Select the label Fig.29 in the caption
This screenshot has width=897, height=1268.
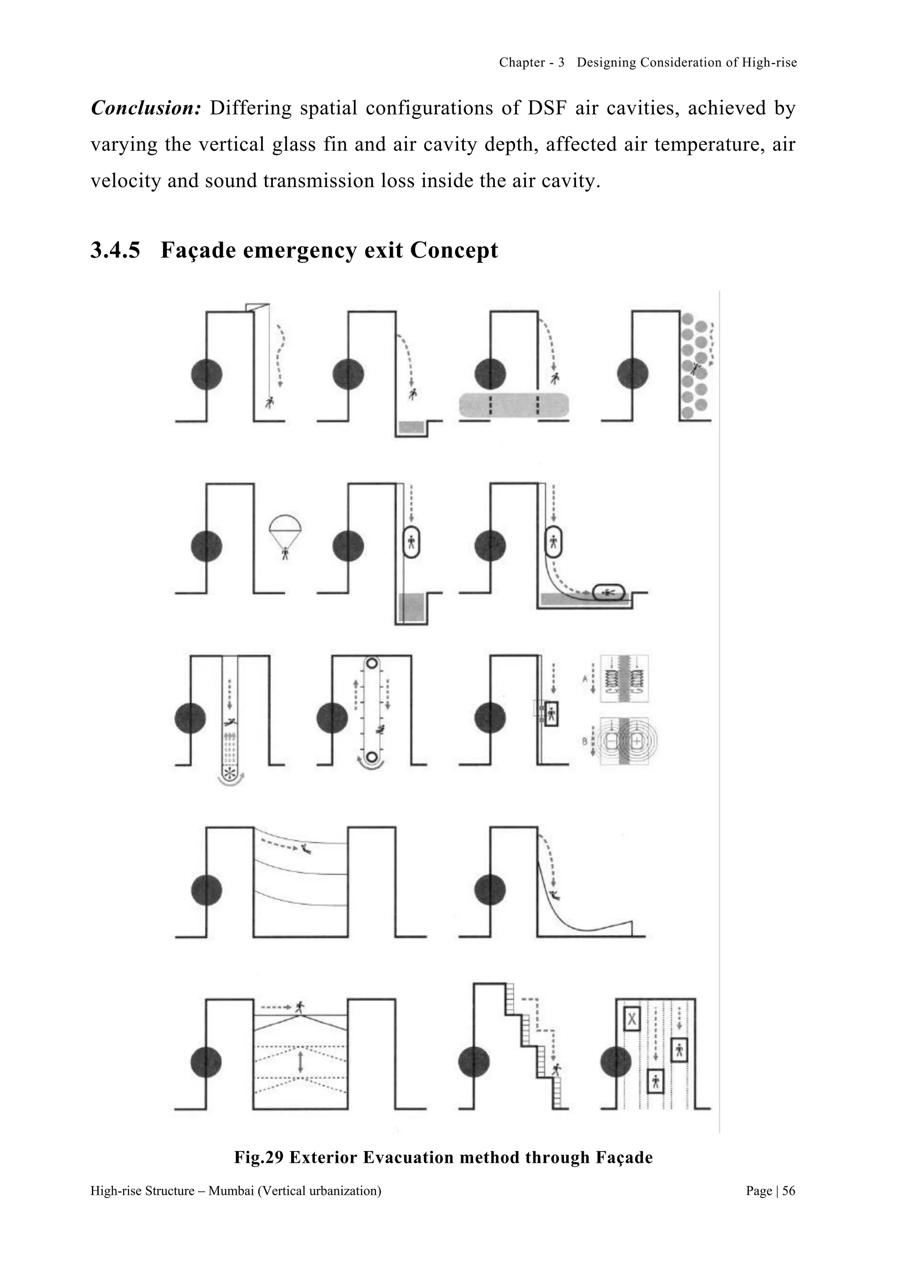click(x=258, y=1157)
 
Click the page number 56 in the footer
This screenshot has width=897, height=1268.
click(x=789, y=1191)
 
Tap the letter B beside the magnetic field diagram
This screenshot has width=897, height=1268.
click(x=585, y=742)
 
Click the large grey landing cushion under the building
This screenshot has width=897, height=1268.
click(x=513, y=405)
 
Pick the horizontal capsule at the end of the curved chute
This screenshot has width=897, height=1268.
click(x=608, y=592)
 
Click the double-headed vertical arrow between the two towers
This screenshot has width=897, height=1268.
click(x=300, y=1061)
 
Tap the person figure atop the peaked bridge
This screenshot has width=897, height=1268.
click(x=300, y=1006)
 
